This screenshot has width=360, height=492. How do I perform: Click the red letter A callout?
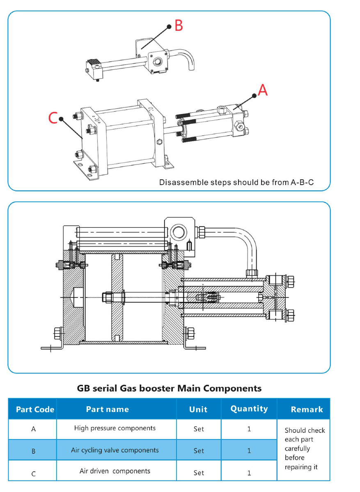[x=262, y=89]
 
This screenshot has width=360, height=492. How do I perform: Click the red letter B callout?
[x=179, y=25]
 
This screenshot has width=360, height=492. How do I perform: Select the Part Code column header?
[x=35, y=410]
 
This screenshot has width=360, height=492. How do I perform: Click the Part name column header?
[x=107, y=409]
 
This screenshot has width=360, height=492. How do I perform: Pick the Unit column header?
[x=198, y=410]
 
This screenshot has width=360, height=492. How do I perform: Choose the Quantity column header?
[x=249, y=409]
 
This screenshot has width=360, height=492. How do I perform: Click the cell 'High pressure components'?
[x=115, y=428]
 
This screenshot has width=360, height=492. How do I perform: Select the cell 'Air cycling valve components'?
[x=115, y=450]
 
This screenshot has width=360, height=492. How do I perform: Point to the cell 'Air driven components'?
[x=115, y=471]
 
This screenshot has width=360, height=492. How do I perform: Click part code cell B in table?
[x=34, y=451]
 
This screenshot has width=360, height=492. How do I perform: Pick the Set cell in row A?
[x=199, y=429]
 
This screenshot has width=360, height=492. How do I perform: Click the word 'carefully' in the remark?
[x=297, y=449]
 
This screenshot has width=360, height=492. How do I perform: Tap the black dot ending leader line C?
[x=61, y=119]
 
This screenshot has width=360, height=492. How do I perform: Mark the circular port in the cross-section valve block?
[x=179, y=232]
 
